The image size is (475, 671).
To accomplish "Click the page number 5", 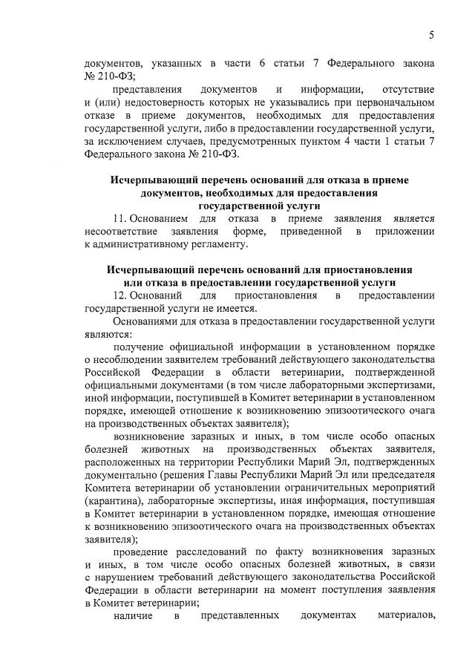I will click(431, 36).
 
